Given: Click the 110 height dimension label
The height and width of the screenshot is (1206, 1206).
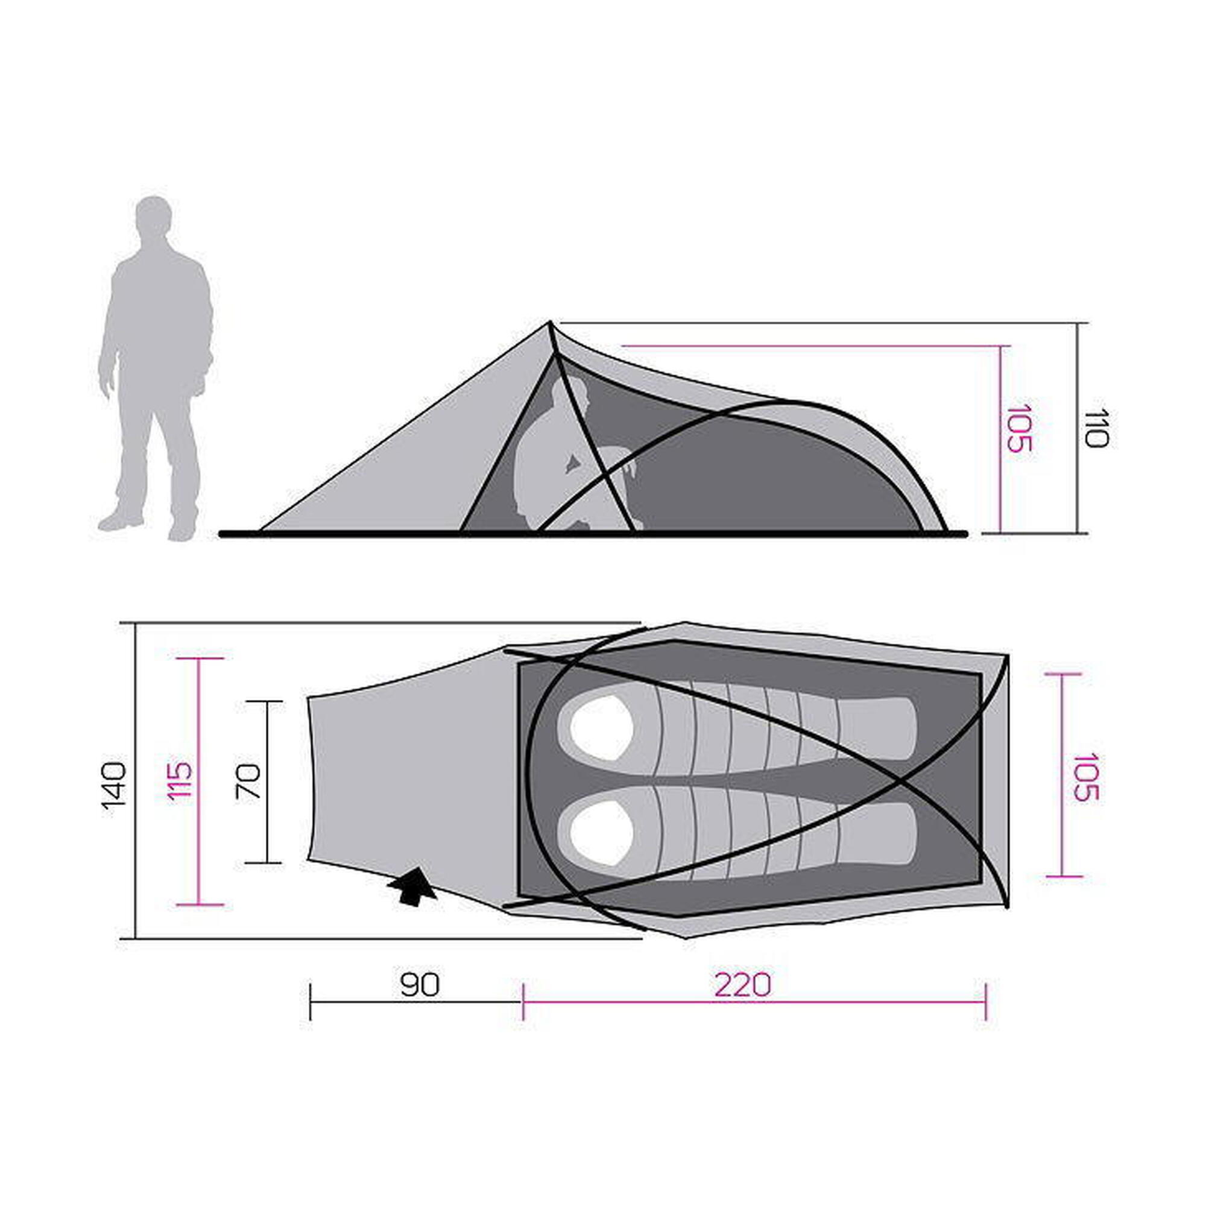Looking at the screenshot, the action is click(1096, 428).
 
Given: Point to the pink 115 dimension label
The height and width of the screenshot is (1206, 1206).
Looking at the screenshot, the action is click(180, 780).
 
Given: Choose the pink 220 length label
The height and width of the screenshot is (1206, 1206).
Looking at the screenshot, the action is click(743, 985).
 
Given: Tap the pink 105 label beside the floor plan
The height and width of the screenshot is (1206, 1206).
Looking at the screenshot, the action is click(1085, 777).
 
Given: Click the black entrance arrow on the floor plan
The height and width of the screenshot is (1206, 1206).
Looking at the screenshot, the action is click(412, 886).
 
